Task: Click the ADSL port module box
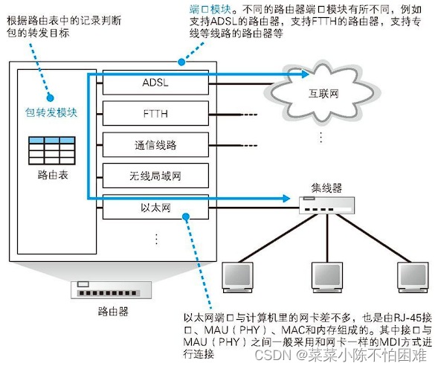[x=155, y=83]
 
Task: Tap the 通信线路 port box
[x=155, y=145]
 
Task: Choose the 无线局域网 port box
[x=155, y=176]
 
